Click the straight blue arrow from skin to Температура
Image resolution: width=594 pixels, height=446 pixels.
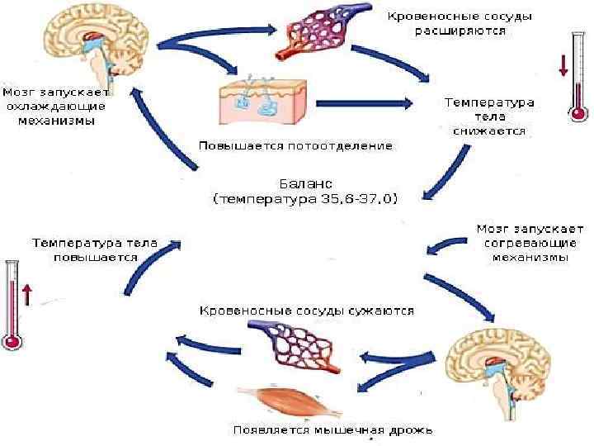click(x=363, y=103)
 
